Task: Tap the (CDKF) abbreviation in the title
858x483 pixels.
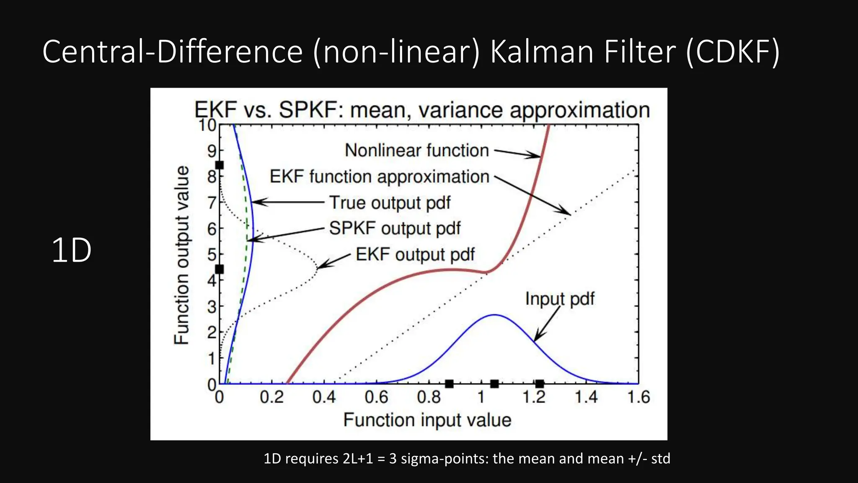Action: pos(733,52)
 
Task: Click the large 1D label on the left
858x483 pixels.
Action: pos(71,250)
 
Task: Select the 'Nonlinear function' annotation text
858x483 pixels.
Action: pos(416,150)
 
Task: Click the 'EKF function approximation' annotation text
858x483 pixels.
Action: pos(379,177)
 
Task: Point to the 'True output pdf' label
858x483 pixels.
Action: pos(390,203)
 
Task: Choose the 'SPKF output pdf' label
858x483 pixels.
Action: pos(395,229)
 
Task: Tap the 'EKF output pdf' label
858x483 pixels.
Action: pos(415,254)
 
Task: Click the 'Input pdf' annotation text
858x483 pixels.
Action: pos(560,299)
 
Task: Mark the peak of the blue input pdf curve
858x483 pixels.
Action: pos(495,315)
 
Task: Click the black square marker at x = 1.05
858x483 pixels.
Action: pos(494,384)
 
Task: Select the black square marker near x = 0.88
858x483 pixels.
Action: pos(449,384)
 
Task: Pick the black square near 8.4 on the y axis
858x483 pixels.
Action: pos(219,165)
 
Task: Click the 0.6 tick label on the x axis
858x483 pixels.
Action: pos(376,397)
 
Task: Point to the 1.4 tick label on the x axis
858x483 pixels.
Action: pos(586,397)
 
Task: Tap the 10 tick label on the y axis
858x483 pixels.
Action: pos(207,125)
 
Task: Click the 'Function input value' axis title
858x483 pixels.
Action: pos(427,420)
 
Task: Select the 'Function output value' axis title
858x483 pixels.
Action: pos(181,255)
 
